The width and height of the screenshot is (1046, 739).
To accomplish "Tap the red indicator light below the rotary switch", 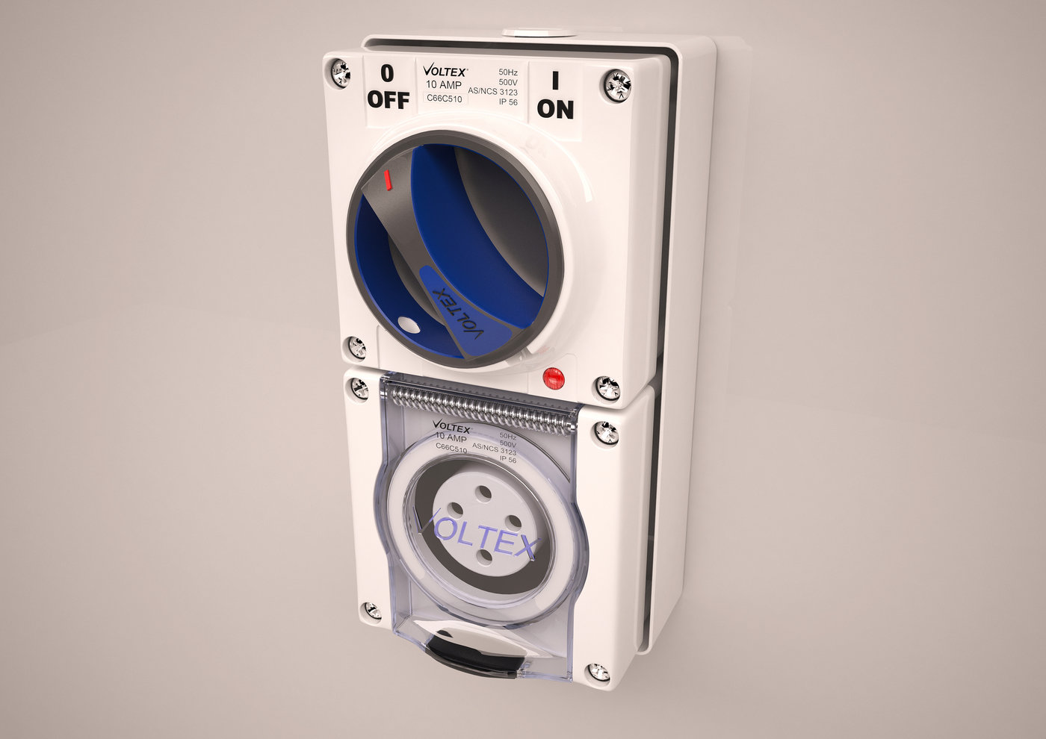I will click(553, 378).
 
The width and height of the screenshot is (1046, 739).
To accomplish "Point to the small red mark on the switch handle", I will click(386, 180).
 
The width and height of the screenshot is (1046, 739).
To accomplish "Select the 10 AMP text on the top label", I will click(444, 85).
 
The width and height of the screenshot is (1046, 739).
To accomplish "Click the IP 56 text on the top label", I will click(508, 102).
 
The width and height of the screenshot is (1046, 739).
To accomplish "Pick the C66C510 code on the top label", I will click(444, 99).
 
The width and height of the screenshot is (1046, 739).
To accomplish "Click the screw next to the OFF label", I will click(341, 73).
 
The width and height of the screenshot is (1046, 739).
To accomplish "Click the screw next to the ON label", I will click(618, 84).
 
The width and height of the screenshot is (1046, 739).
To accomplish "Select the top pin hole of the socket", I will click(483, 493).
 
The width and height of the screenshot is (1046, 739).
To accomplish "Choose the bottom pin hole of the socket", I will click(483, 553).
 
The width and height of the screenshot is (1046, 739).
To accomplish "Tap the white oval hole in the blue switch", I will click(409, 324).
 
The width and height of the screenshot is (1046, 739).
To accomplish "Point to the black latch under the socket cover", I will click(478, 650).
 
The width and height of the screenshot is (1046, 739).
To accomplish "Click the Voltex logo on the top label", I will click(445, 71).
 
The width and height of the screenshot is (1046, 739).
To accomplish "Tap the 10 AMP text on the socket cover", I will click(451, 437).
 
